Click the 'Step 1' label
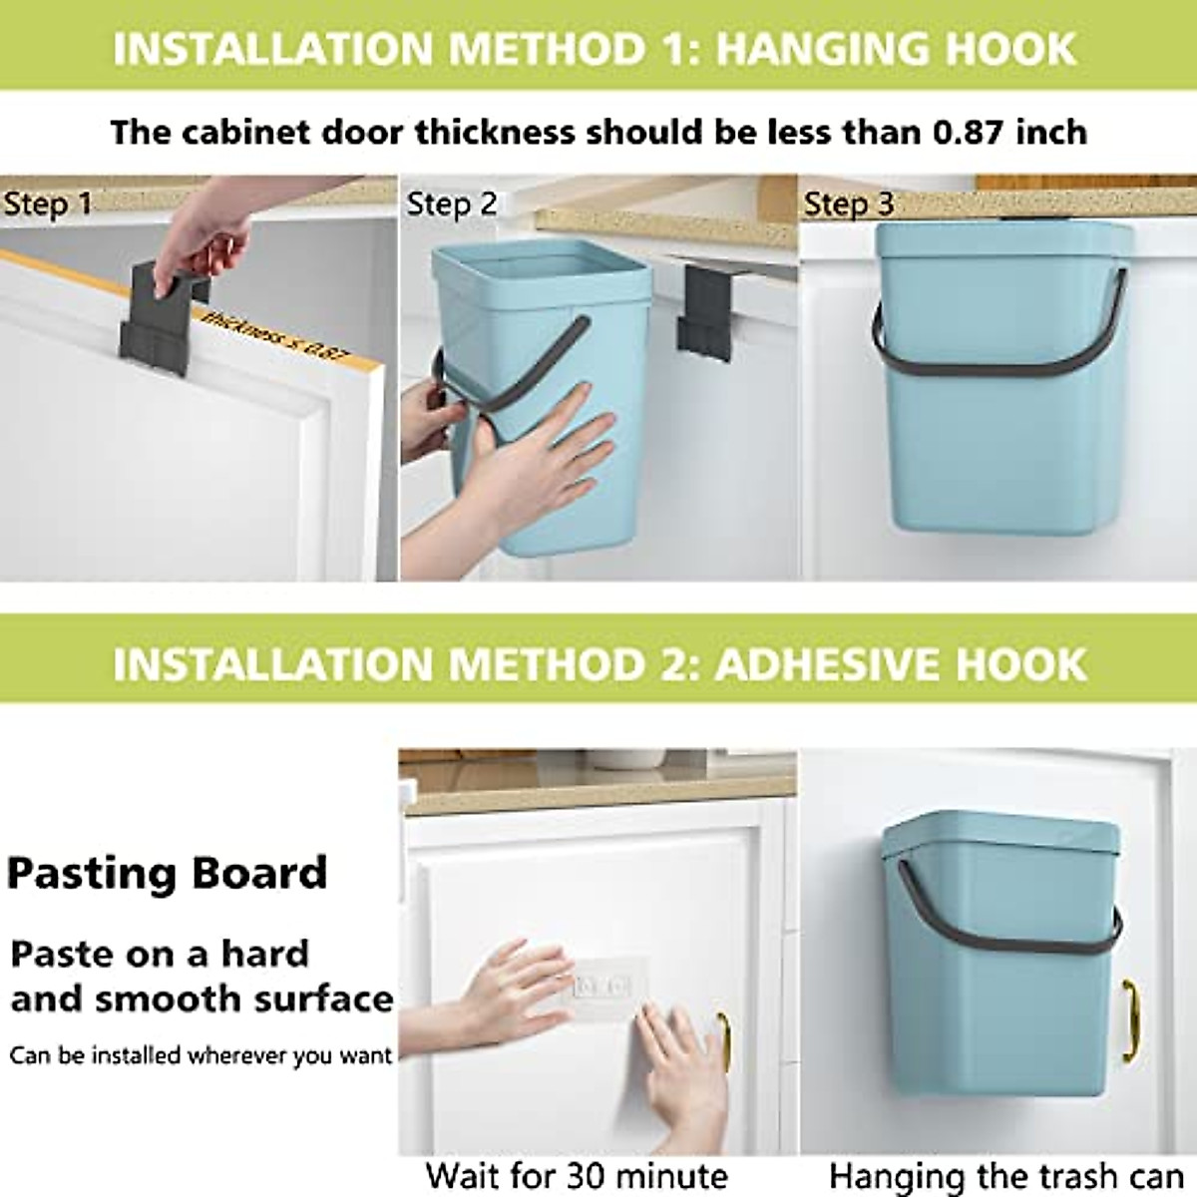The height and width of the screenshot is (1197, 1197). tap(47, 204)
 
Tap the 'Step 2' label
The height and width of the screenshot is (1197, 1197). tap(451, 204)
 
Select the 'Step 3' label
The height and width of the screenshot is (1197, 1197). tap(849, 204)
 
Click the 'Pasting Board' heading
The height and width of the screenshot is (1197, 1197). tap(168, 873)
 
